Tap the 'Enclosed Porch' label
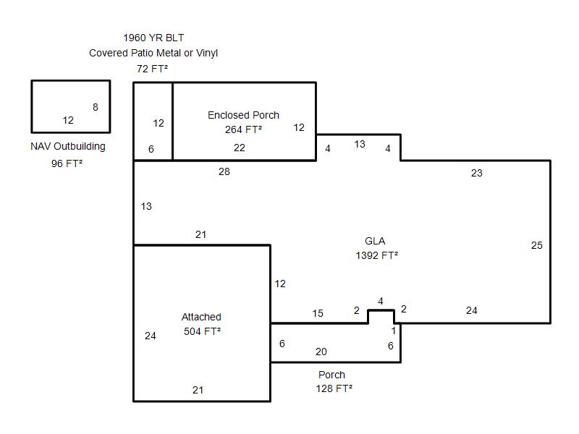point(243,115)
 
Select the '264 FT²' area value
point(243,129)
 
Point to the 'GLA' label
point(375,241)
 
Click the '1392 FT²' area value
point(376,255)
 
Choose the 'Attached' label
point(201,317)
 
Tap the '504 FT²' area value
point(202,331)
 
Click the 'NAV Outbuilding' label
point(68,146)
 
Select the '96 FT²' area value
point(67,163)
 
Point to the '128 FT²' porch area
point(334,388)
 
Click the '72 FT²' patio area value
point(152,69)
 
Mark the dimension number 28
point(224,171)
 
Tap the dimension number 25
point(536,245)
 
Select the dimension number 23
point(476,173)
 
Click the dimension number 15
point(318,313)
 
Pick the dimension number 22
point(240,148)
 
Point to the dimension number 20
point(321,352)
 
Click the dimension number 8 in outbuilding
point(96,107)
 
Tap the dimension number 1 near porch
point(394,331)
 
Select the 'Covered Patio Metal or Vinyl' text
point(153,53)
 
